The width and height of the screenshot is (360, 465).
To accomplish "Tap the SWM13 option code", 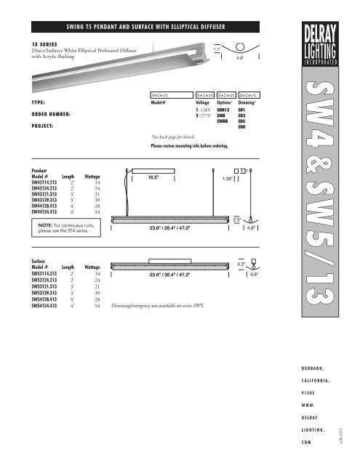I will pyautogui.click(x=228, y=109).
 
